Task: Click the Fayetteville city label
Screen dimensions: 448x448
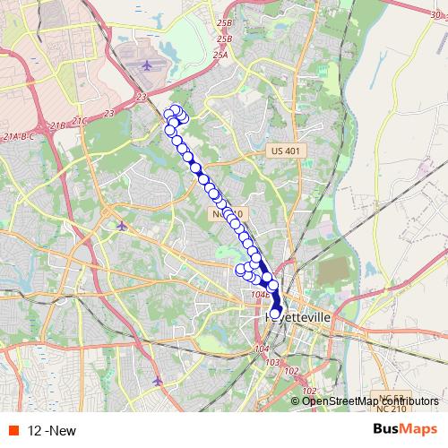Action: coord(297,317)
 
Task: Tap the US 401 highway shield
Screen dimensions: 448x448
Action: coord(287,151)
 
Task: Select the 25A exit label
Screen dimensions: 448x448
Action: coord(220,55)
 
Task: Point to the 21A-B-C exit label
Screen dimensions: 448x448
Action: coord(20,135)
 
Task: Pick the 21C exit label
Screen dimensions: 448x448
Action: coord(81,119)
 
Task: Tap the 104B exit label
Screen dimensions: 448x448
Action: coord(261,293)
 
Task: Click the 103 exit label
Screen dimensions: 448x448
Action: coord(273,362)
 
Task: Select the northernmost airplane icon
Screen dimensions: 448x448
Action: coord(148,65)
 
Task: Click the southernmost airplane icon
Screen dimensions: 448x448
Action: coord(159,381)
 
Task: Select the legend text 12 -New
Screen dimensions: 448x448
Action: coord(52,431)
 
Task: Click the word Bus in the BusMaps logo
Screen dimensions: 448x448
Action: coord(379,430)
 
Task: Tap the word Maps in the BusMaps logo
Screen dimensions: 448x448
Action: coord(417,430)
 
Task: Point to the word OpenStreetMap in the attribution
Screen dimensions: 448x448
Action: coord(338,401)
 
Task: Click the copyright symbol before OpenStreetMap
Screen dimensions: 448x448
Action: coord(297,401)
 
